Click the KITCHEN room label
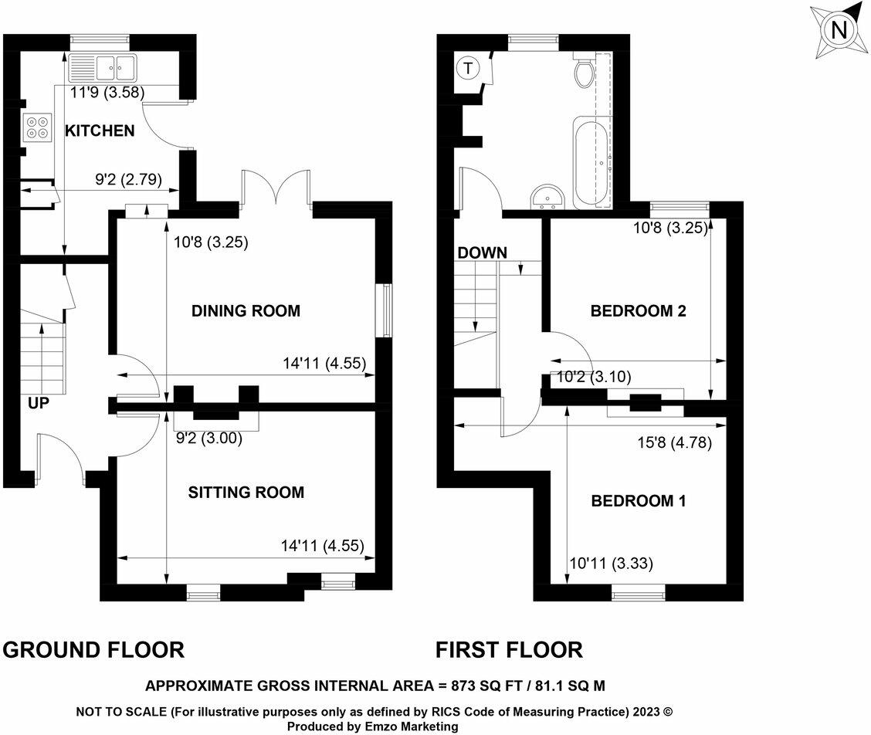click(x=99, y=130)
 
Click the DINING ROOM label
click(x=246, y=311)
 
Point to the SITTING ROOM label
click(x=246, y=493)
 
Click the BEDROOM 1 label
click(x=638, y=501)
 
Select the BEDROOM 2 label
click(x=638, y=311)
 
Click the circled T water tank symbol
click(x=467, y=69)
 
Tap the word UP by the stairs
click(x=37, y=402)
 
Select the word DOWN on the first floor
click(x=482, y=252)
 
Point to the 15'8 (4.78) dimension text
click(x=673, y=443)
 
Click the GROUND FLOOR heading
click(x=94, y=650)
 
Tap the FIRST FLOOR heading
click(x=510, y=650)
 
